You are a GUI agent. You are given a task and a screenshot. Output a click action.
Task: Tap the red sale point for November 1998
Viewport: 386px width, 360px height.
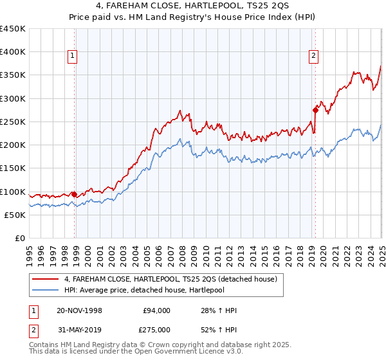(x=74, y=194)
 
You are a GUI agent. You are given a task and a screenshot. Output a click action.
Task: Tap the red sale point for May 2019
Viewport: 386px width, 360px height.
(x=315, y=110)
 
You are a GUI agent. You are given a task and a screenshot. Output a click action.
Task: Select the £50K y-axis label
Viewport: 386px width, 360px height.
(x=14, y=215)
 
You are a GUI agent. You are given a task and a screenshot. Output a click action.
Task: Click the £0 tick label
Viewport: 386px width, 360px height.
(x=19, y=239)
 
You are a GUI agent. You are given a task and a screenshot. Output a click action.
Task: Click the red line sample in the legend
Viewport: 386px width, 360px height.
(x=45, y=279)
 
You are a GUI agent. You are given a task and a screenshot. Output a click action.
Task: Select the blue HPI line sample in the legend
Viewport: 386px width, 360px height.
(x=45, y=291)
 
